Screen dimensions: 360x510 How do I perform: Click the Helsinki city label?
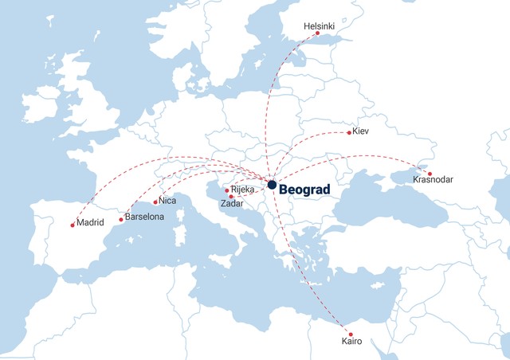pyautogui.click(x=319, y=26)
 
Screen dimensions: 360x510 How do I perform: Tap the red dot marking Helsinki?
pyautogui.click(x=317, y=34)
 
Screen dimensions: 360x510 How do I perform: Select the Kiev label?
pyautogui.click(x=360, y=131)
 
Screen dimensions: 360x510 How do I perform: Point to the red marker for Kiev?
pyautogui.click(x=349, y=132)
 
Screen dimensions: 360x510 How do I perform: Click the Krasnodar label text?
pyautogui.click(x=433, y=180)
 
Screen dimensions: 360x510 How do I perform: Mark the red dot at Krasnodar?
pyautogui.click(x=430, y=173)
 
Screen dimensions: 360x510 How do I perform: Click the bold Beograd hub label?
pyautogui.click(x=305, y=186)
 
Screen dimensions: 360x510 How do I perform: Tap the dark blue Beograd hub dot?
pyautogui.click(x=272, y=185)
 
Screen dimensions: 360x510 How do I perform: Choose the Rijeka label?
pyautogui.click(x=242, y=190)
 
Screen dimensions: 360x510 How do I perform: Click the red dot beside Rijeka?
pyautogui.click(x=227, y=190)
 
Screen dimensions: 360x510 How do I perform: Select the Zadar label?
pyautogui.click(x=233, y=204)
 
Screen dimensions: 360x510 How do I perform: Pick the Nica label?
pyautogui.click(x=167, y=201)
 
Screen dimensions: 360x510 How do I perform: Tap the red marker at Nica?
pyautogui.click(x=155, y=202)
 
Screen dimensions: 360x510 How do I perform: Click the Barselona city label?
pyautogui.click(x=143, y=216)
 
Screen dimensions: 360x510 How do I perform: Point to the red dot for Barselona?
pyautogui.click(x=121, y=219)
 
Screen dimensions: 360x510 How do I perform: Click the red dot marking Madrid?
pyautogui.click(x=73, y=225)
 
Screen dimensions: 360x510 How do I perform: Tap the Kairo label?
pyautogui.click(x=350, y=341)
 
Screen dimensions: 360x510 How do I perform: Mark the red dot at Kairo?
pyautogui.click(x=347, y=332)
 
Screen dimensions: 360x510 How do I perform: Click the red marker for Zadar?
pyautogui.click(x=231, y=197)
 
